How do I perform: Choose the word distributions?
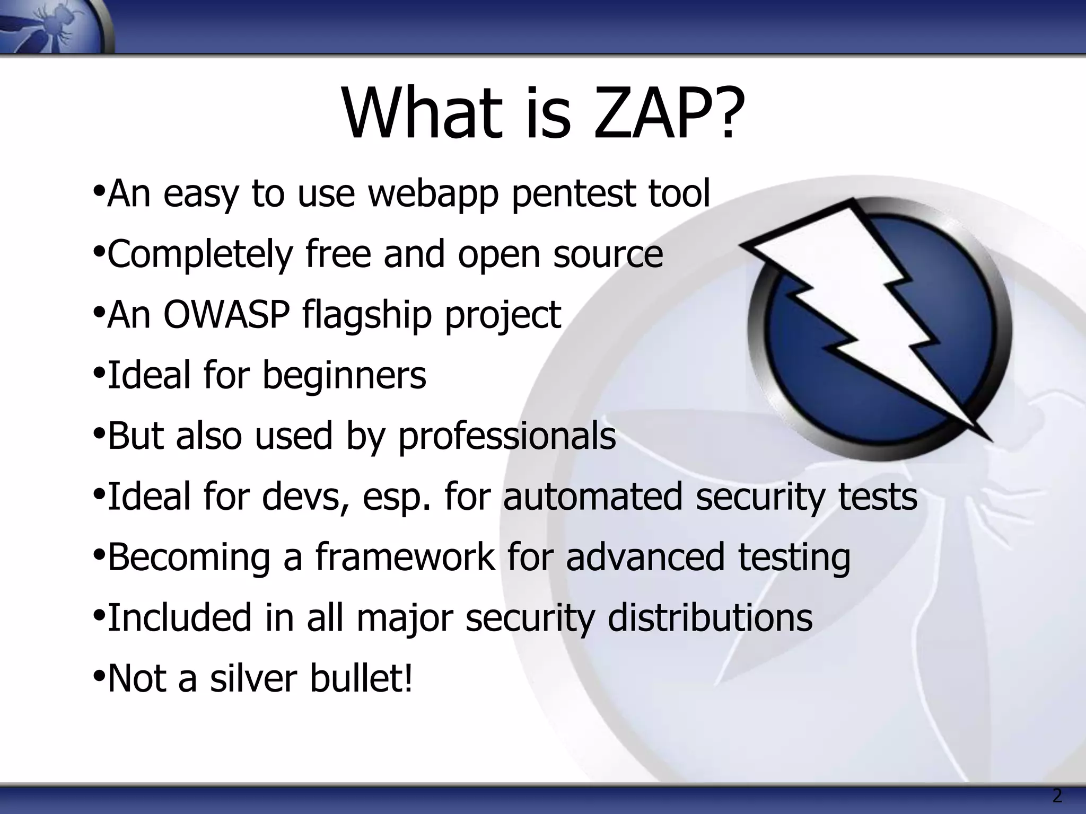point(710,618)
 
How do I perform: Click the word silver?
point(253,678)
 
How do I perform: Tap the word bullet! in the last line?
point(361,678)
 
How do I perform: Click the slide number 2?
point(1057,796)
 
